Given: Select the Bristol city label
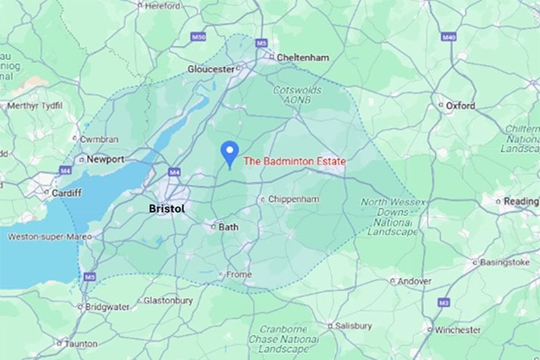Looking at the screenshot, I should [167, 208].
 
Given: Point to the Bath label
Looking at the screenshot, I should [228, 227].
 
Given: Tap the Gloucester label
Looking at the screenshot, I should [211, 69].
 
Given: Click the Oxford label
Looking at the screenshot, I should [460, 105].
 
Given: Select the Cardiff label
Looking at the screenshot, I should [67, 193].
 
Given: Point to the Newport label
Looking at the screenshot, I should [105, 160].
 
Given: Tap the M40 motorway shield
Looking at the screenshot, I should [448, 36].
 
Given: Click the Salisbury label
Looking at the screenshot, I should [354, 326].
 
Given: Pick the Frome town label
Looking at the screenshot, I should [237, 274].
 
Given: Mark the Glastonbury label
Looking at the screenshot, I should [168, 300].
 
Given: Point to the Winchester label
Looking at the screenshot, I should [457, 330].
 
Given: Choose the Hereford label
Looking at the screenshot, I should [162, 5].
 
